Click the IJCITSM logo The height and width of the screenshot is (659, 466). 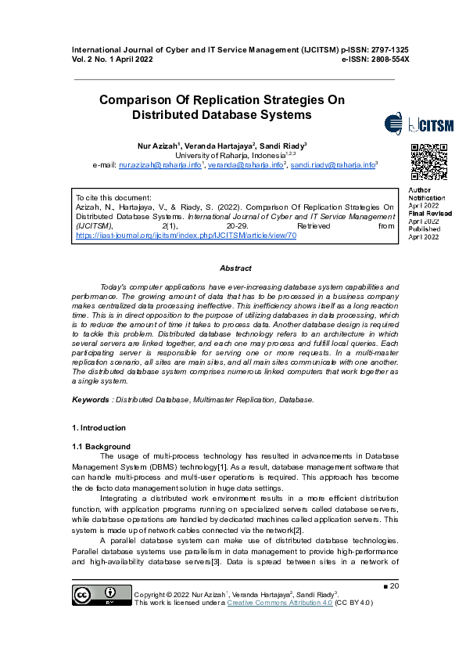click(x=419, y=125)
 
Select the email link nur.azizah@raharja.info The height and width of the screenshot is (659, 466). click(x=160, y=166)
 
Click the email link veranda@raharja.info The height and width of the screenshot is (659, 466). click(x=243, y=166)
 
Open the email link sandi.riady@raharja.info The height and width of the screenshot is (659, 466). click(x=332, y=166)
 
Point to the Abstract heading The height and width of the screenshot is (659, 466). click(x=235, y=268)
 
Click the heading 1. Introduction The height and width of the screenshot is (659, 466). click(x=99, y=428)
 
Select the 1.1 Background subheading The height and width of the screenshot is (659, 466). click(x=102, y=446)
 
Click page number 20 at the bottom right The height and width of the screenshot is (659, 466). click(x=394, y=586)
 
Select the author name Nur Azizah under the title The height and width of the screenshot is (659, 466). click(x=159, y=146)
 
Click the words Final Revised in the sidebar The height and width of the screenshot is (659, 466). click(x=430, y=213)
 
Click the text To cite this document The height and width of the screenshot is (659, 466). click(x=113, y=197)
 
